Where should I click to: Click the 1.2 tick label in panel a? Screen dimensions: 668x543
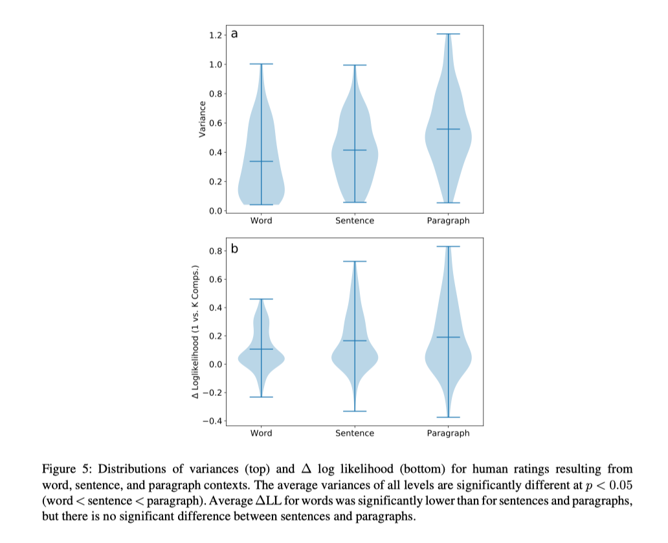(216, 35)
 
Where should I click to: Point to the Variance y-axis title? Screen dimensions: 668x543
(203, 119)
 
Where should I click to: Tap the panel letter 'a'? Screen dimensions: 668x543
(234, 34)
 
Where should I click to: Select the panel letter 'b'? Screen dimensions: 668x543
(234, 248)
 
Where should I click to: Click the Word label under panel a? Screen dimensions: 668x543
(261, 220)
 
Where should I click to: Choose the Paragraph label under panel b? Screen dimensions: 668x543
(448, 433)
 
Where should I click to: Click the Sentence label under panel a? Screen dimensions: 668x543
(355, 220)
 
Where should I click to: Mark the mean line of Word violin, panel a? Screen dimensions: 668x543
(261, 161)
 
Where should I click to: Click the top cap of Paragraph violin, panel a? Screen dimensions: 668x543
(448, 34)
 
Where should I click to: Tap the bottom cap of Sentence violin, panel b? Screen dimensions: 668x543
(355, 411)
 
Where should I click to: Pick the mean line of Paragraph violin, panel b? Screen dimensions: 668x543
(448, 338)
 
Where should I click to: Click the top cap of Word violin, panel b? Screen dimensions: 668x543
(261, 299)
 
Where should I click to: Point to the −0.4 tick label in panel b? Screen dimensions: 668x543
(212, 421)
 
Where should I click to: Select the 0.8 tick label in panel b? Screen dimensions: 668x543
(216, 251)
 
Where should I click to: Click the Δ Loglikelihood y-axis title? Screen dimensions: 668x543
(195, 332)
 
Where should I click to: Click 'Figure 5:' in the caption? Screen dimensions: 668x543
(67, 468)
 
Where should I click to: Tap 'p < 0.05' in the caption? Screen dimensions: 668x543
(609, 485)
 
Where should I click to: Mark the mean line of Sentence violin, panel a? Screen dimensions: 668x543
(355, 150)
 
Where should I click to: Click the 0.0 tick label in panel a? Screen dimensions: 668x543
(216, 211)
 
